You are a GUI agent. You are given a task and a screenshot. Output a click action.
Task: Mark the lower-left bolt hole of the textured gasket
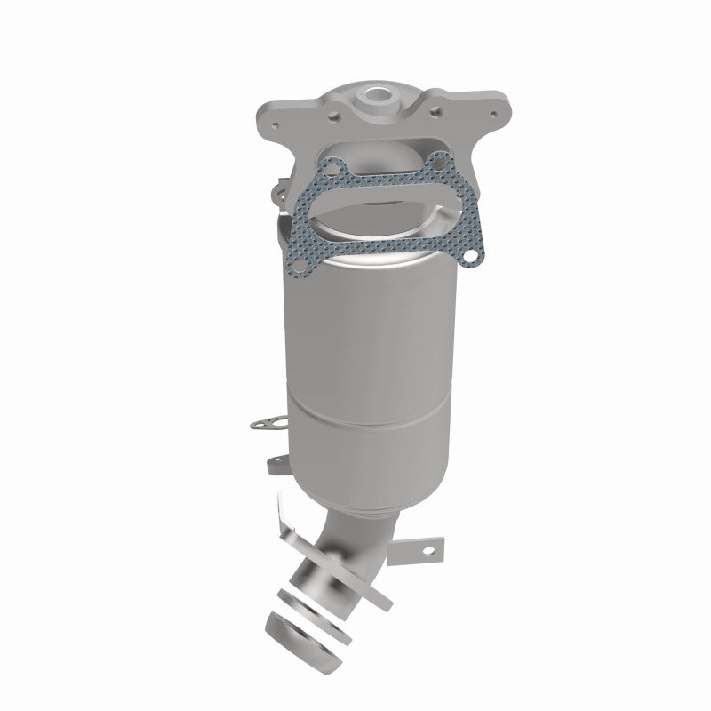(x=300, y=267)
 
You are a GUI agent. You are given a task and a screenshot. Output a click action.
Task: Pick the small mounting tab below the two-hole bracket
(x=275, y=464)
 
